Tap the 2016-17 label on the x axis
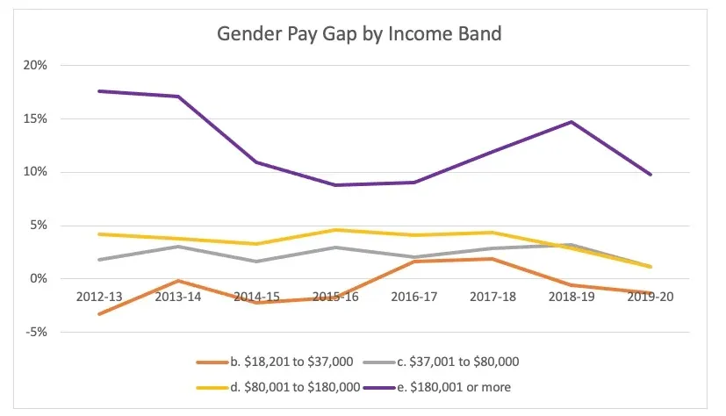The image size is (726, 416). point(415,298)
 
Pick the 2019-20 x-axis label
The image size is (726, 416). point(650,298)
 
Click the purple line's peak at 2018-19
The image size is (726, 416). point(571,122)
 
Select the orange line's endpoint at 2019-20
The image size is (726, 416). point(650,293)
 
